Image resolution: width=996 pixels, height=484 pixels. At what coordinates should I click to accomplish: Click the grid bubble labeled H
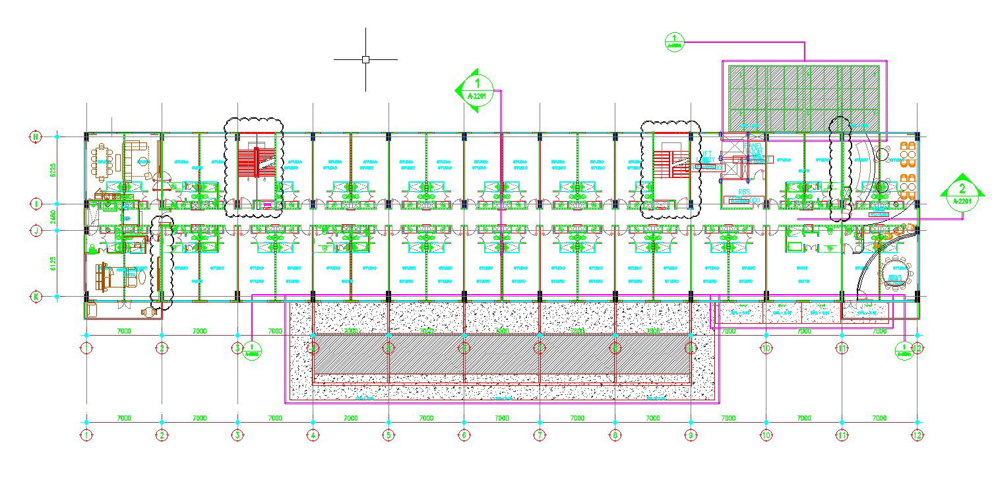[36, 136]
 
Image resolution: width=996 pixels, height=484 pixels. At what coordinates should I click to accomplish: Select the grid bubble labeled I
[36, 204]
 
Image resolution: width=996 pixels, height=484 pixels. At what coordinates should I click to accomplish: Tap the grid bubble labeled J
[36, 230]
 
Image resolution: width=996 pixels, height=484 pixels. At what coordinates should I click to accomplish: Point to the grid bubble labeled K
[36, 297]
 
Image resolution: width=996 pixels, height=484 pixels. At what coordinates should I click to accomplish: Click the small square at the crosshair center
[365, 59]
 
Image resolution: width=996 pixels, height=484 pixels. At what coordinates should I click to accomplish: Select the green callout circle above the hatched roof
[675, 41]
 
